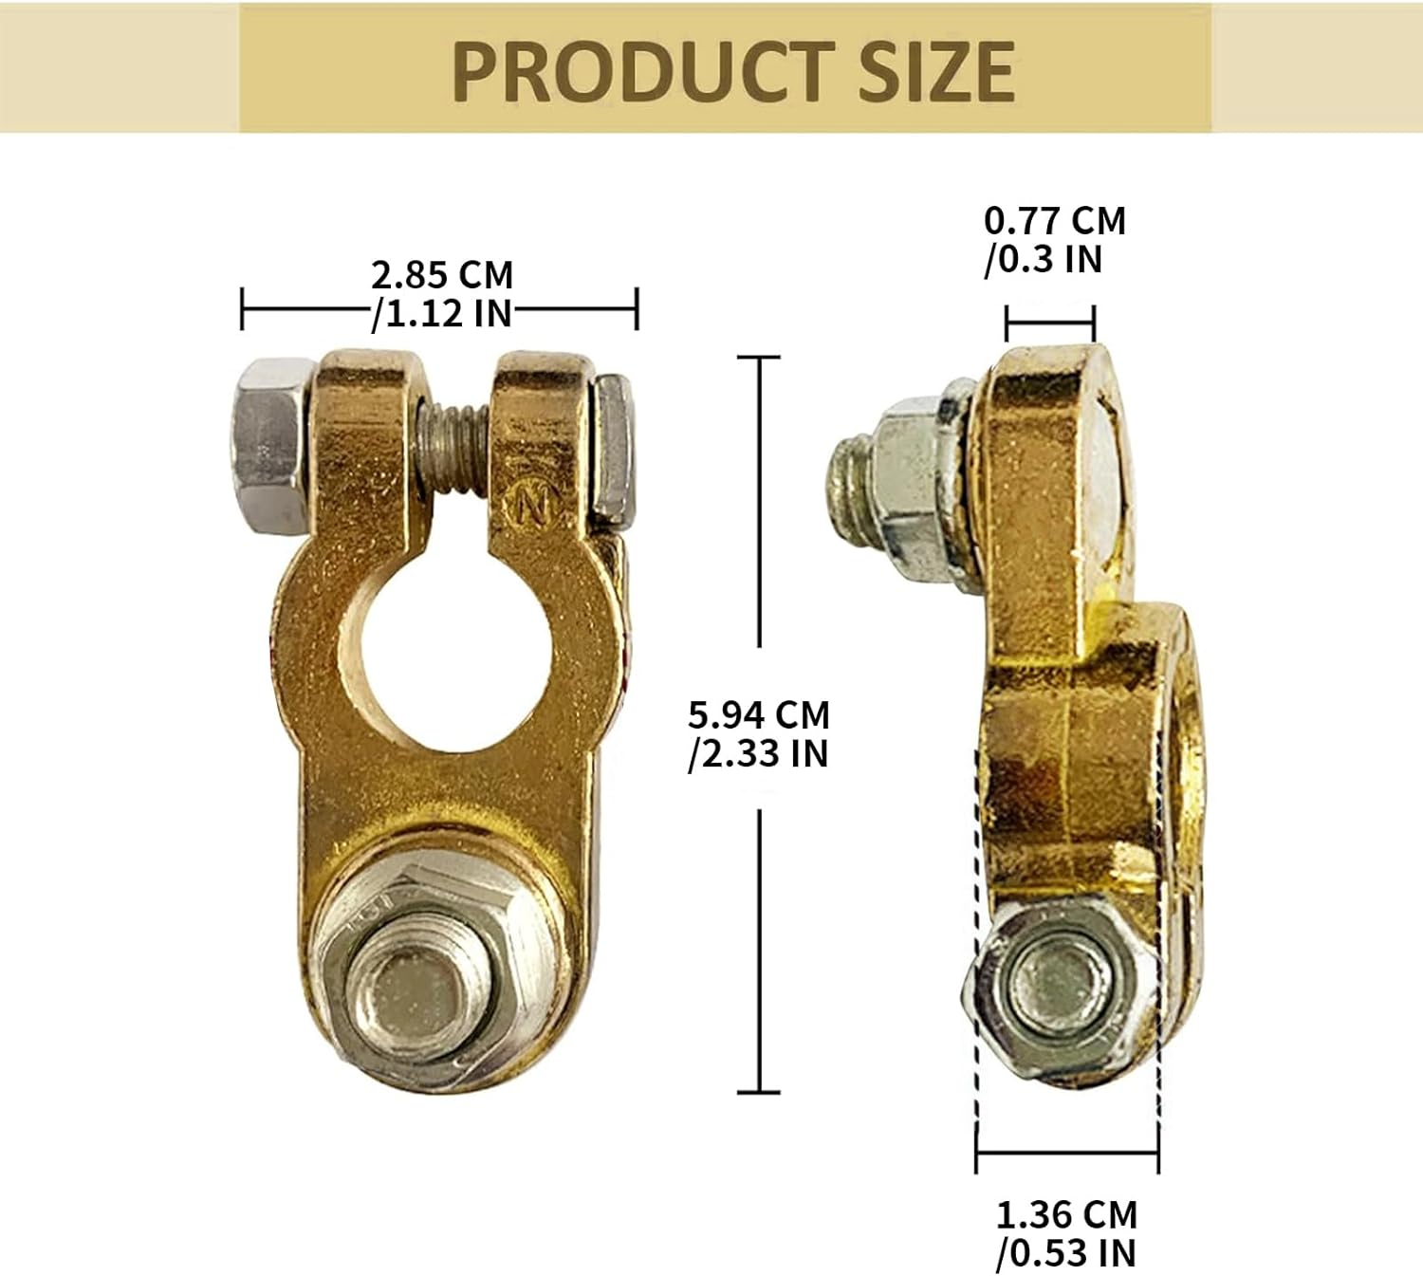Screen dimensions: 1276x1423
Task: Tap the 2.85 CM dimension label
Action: (x=441, y=275)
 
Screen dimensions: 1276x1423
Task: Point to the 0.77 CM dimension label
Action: (x=1054, y=221)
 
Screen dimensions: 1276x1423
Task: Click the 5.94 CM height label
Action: (x=759, y=714)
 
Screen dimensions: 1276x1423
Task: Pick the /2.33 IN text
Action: (x=759, y=753)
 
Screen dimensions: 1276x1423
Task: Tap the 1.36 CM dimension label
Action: (x=1065, y=1215)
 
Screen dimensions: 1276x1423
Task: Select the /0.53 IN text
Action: (x=1065, y=1253)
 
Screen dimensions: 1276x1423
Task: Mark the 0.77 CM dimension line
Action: (x=1050, y=324)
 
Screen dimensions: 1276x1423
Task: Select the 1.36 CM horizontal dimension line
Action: (x=1067, y=1155)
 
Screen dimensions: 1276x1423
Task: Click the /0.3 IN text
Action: (x=1043, y=258)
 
